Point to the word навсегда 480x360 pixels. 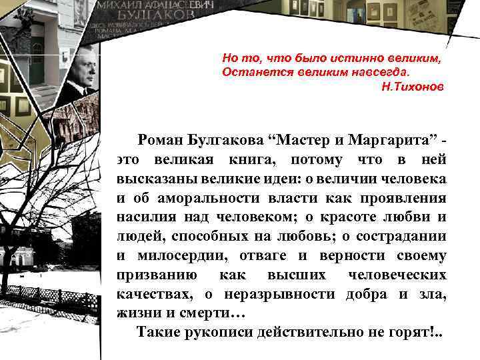pyautogui.click(x=380, y=71)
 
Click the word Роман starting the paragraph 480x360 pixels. pyautogui.click(x=161, y=141)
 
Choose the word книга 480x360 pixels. pyautogui.click(x=248, y=160)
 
